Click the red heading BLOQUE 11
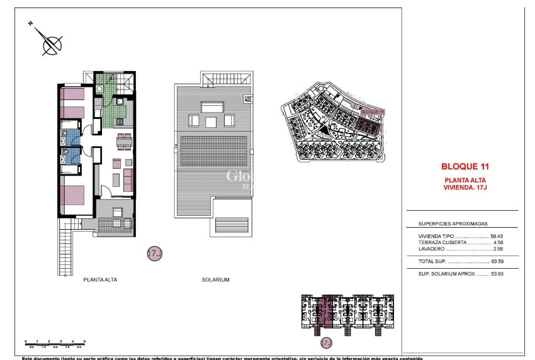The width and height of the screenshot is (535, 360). [x=465, y=167]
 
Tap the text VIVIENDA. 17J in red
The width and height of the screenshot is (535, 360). [x=465, y=187]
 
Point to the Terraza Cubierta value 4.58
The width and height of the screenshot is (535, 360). [x=498, y=242]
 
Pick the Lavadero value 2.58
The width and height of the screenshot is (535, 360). [x=498, y=249]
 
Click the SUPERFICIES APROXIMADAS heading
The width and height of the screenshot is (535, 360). [x=453, y=223]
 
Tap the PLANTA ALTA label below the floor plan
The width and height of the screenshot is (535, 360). [x=100, y=279]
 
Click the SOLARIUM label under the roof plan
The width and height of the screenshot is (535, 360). [x=215, y=279]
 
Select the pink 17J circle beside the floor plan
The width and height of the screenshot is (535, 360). [x=154, y=254]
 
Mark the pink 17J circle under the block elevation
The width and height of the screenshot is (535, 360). [x=326, y=343]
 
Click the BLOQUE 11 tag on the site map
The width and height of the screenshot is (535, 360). [x=373, y=111]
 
